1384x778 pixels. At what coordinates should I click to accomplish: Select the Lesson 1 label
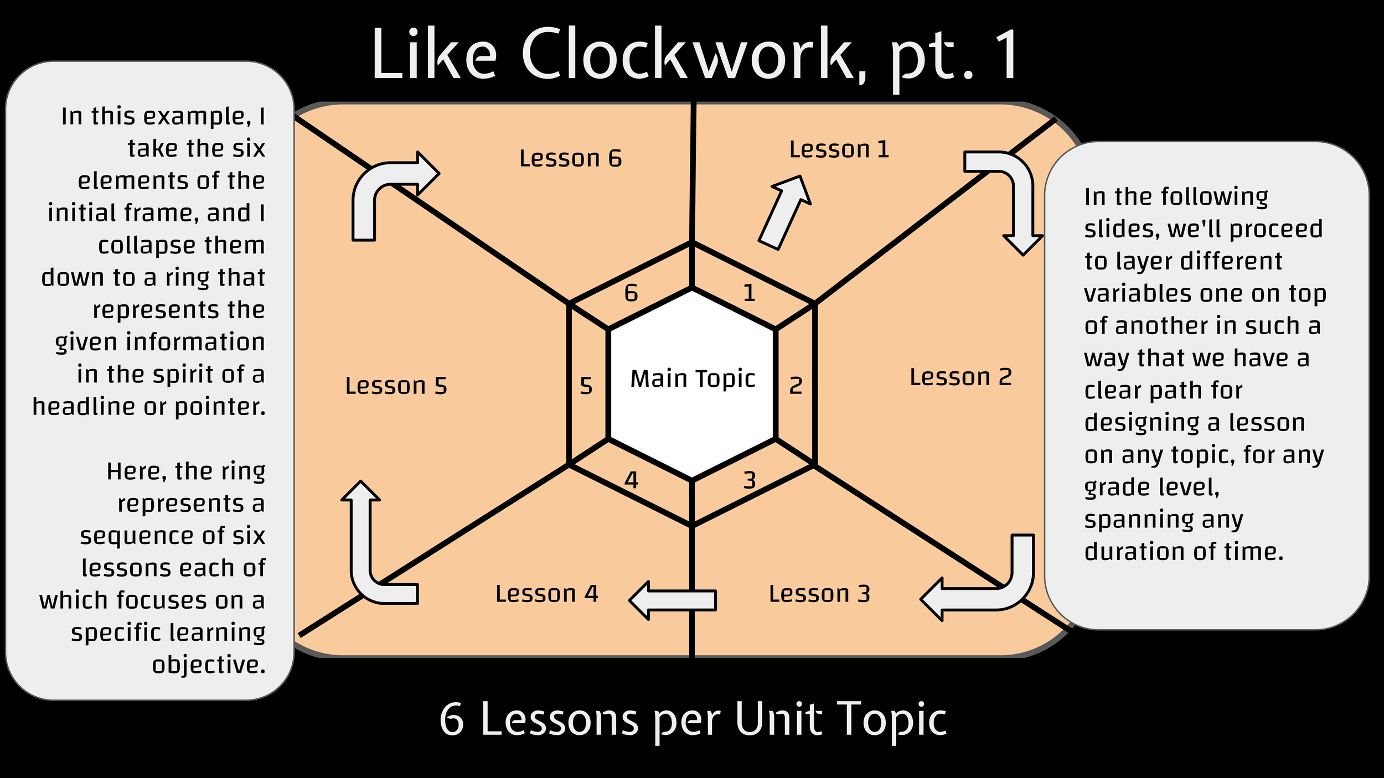839,149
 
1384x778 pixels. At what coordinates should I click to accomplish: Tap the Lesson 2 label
960,377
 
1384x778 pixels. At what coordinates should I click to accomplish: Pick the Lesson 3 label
819,594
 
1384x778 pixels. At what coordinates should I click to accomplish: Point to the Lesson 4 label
546,594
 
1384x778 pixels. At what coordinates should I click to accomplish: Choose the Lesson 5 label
396,386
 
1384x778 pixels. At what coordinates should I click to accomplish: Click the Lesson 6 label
570,159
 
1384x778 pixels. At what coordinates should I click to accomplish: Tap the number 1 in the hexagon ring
749,293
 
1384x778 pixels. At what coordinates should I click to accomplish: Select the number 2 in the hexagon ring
796,386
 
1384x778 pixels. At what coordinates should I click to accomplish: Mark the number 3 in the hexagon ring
749,480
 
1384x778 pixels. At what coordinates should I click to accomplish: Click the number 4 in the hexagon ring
631,480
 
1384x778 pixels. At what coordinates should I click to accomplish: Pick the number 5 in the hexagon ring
586,386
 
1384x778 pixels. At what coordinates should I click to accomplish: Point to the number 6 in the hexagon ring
631,293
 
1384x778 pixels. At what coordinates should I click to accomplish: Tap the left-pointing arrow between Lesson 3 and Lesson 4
673,600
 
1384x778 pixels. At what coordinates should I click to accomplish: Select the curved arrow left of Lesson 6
388,188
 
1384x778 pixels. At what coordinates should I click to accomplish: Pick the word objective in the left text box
209,665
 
